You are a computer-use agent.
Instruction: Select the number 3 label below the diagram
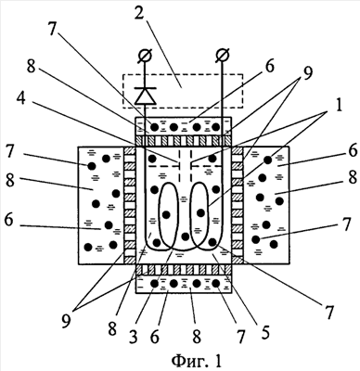coord(133,337)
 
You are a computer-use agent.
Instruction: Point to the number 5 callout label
coord(264,332)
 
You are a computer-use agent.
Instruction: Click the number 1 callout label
coord(340,106)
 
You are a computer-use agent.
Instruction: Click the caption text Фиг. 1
coord(197,361)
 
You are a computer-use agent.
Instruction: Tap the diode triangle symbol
coord(145,96)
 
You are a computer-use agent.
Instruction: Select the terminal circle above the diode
coord(145,56)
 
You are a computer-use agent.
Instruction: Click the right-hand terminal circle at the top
coord(223,56)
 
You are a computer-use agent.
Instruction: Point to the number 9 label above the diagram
coord(307,73)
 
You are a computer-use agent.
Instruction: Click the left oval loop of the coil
coord(168,216)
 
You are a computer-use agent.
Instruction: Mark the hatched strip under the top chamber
coord(184,141)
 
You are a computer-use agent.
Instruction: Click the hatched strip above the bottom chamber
coord(184,270)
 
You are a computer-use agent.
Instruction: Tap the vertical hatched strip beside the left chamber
coord(130,205)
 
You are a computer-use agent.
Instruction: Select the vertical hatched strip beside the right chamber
coord(238,205)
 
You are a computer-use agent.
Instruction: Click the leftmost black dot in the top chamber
coord(154,127)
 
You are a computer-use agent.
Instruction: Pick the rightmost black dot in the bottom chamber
coord(216,283)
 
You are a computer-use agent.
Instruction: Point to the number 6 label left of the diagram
coord(9,222)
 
